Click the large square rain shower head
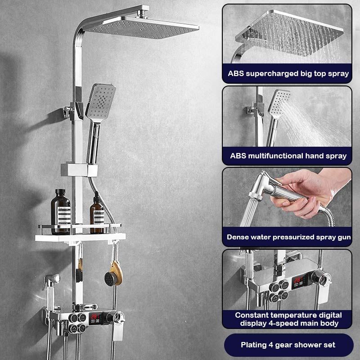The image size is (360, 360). [x=141, y=28]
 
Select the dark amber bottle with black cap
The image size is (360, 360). [x=60, y=211]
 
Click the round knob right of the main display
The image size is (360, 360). [x=119, y=318]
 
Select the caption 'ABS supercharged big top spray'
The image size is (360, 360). [x=288, y=73]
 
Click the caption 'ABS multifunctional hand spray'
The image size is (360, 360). [x=288, y=156]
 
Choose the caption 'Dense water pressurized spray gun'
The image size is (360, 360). [x=288, y=237]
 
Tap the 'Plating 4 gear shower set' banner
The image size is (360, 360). [x=288, y=345]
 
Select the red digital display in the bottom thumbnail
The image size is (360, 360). [x=298, y=282]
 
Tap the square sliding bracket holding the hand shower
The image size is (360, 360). [x=79, y=170]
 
